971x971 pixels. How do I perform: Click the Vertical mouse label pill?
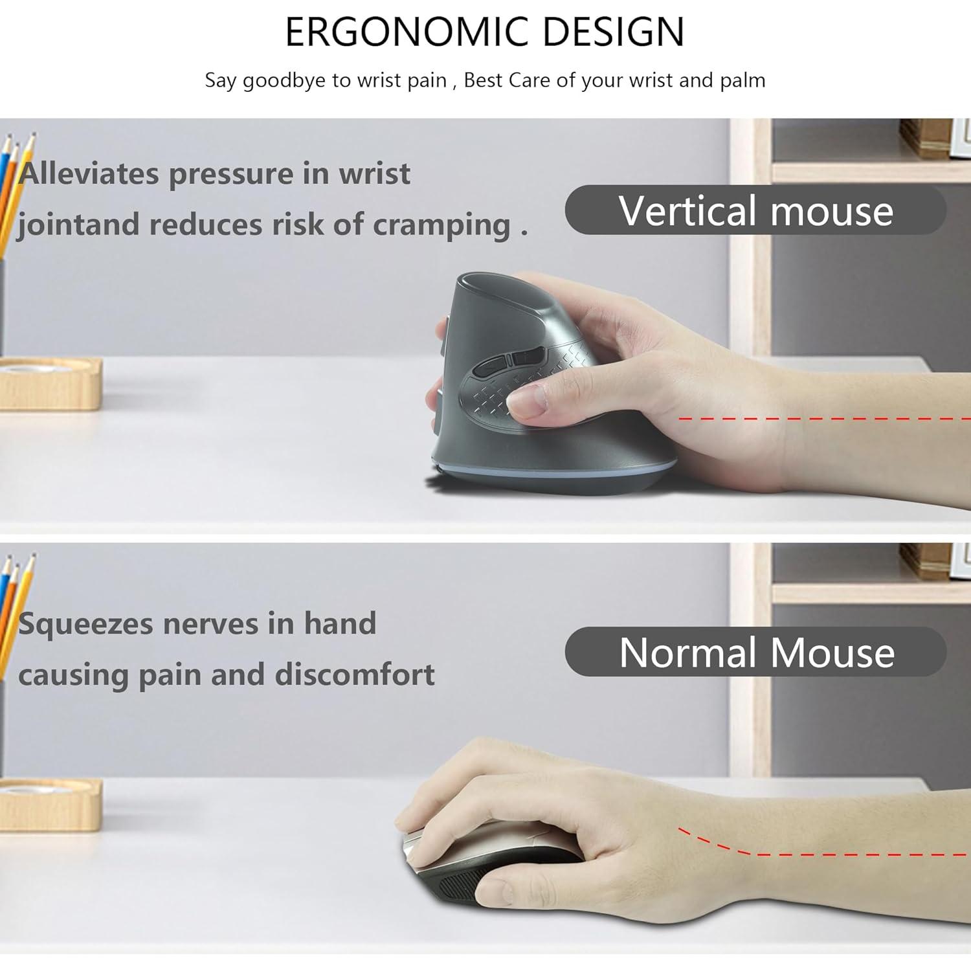point(755,210)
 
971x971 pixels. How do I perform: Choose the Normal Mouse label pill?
point(755,652)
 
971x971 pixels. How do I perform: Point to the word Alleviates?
point(89,173)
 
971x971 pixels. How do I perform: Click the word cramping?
point(441,225)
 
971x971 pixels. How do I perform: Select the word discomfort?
point(355,675)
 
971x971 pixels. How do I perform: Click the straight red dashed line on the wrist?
point(822,419)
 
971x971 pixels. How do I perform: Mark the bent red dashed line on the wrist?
point(822,852)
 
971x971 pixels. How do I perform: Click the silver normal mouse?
point(453,854)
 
